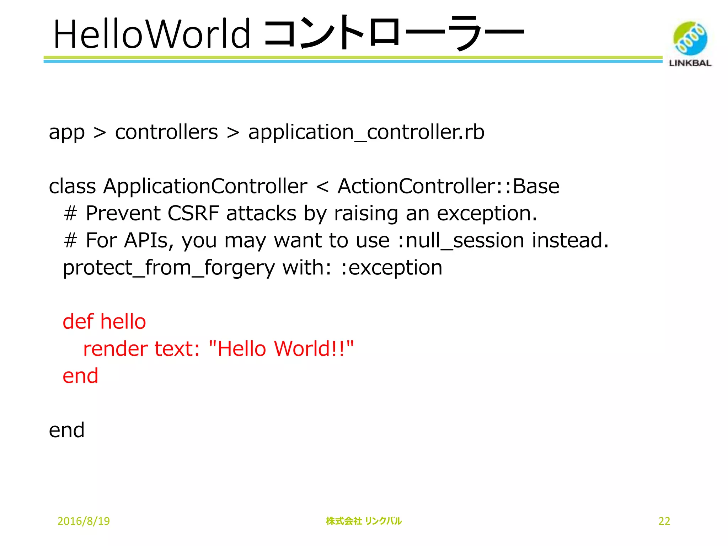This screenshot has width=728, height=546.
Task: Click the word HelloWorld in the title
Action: point(152,34)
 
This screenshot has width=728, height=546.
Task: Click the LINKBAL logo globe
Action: point(690,38)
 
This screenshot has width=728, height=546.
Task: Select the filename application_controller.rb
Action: point(366,132)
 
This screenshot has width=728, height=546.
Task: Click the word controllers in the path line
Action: point(166,132)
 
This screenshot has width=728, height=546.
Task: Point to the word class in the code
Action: point(72,186)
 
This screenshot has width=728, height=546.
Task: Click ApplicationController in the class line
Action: point(205,186)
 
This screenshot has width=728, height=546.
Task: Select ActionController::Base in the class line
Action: point(448,186)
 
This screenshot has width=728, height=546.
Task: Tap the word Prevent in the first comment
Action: point(123,213)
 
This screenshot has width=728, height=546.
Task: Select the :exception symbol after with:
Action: point(391,268)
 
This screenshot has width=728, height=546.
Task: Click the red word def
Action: point(78,322)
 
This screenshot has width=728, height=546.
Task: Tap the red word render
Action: point(115,349)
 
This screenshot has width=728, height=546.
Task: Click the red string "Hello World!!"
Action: point(281,349)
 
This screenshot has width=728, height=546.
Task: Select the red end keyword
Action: point(80,376)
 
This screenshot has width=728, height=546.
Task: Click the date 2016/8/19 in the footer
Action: point(84,521)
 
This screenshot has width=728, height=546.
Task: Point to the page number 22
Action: point(664,521)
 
